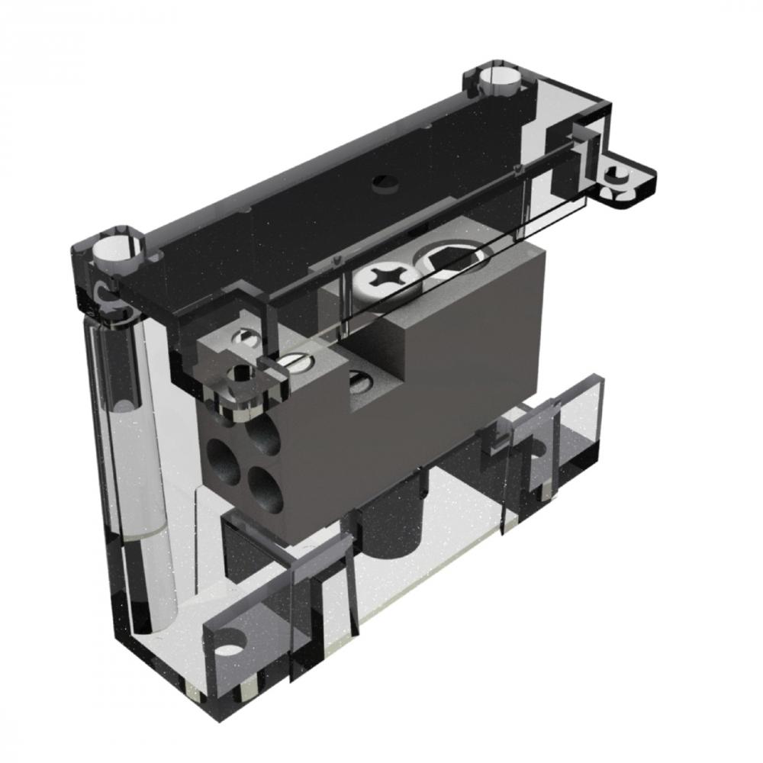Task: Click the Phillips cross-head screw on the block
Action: coord(379,278)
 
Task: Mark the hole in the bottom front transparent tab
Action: coord(230,645)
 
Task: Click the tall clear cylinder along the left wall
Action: coord(134,458)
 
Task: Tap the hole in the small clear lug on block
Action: coord(243,374)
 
